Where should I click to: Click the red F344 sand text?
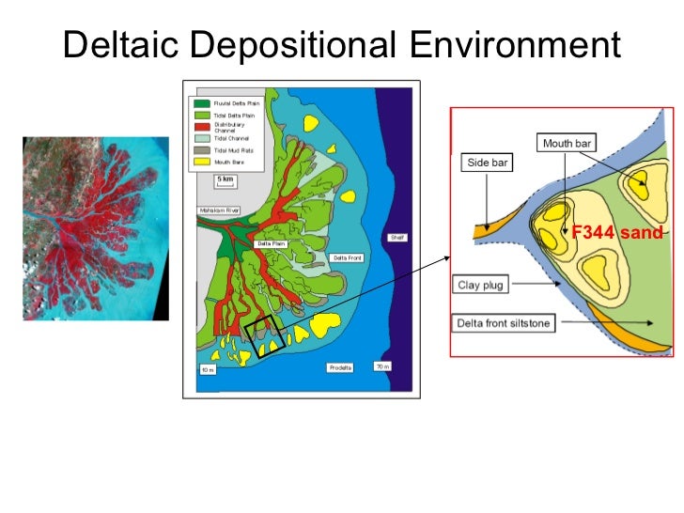[617, 232]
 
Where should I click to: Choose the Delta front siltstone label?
[504, 323]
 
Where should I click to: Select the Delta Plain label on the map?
[270, 243]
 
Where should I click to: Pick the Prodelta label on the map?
[340, 367]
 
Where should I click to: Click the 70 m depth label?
[382, 365]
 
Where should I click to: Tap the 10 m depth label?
[207, 369]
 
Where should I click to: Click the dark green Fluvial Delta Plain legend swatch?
[200, 102]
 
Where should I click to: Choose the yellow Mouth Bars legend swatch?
[200, 161]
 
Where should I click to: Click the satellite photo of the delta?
[95, 228]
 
